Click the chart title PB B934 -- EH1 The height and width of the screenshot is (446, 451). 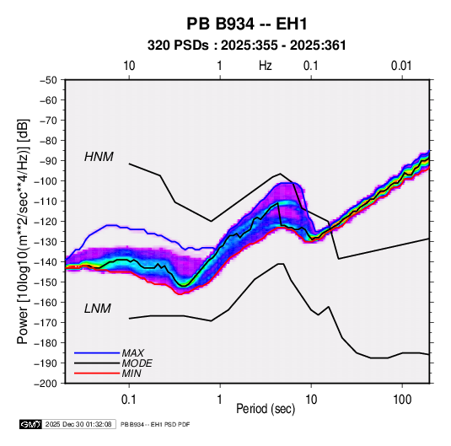point(247,24)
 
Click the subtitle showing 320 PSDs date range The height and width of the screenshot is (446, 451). point(246,46)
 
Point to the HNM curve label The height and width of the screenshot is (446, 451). point(99,157)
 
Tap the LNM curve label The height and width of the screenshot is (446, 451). point(97,309)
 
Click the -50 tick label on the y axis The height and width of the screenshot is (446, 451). point(48,80)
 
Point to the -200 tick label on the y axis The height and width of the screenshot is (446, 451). point(46,384)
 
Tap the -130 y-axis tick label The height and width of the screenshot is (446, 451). point(46,242)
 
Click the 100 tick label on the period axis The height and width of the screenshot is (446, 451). point(402,400)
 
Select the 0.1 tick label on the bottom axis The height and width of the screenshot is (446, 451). point(129,400)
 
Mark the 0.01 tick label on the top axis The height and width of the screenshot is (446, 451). point(401,66)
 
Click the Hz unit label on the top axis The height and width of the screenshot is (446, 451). point(266,66)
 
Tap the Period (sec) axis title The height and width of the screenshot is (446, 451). point(266,409)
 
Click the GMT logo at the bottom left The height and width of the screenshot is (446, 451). point(31,424)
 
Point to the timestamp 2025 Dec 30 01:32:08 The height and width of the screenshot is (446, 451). point(78,424)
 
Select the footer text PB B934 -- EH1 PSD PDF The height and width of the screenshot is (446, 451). point(155,424)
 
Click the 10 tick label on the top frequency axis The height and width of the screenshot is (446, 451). point(129,66)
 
